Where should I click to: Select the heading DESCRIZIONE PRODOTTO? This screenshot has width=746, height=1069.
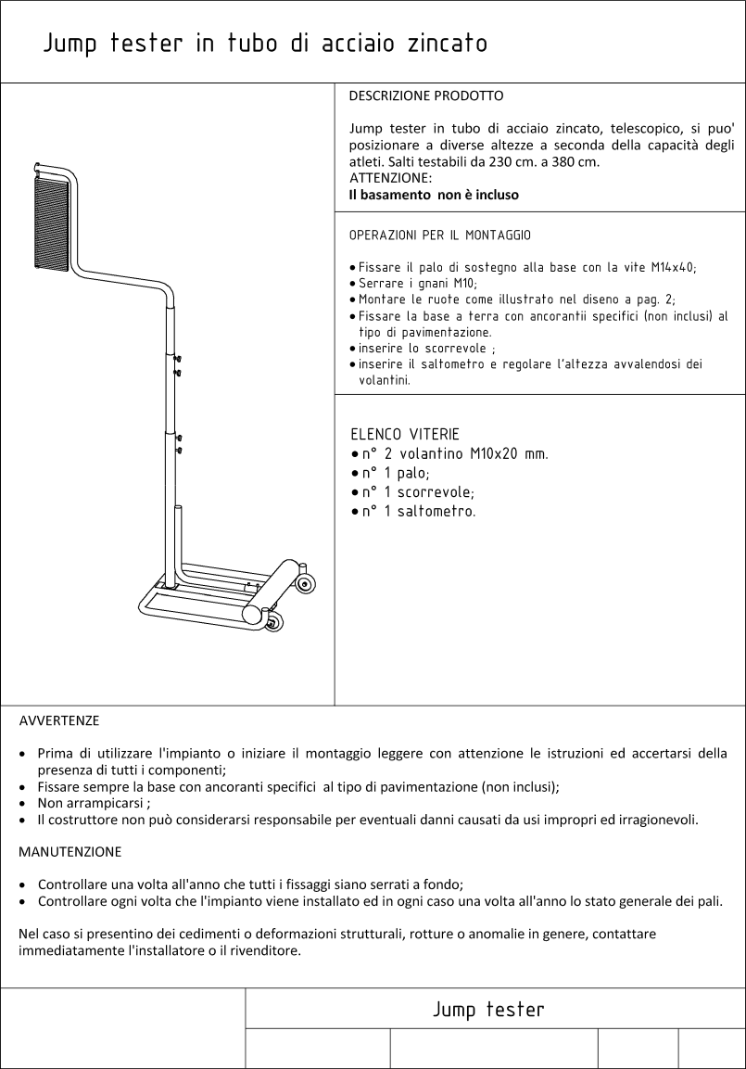pos(425,95)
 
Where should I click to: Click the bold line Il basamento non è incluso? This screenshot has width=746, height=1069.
pos(433,195)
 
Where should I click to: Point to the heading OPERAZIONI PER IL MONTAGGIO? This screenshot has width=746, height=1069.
pos(439,236)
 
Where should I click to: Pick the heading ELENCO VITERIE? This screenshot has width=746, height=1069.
pos(404,434)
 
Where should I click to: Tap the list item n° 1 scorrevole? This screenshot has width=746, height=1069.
pos(418,492)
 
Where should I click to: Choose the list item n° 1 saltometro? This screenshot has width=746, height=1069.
pos(419,512)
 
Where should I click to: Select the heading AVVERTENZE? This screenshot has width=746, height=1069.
pos(59,719)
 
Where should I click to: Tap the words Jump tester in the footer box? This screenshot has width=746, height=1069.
pos(488,1009)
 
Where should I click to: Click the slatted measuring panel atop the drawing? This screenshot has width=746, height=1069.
pos(51,225)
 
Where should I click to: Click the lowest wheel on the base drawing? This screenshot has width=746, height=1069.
pos(272,622)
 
